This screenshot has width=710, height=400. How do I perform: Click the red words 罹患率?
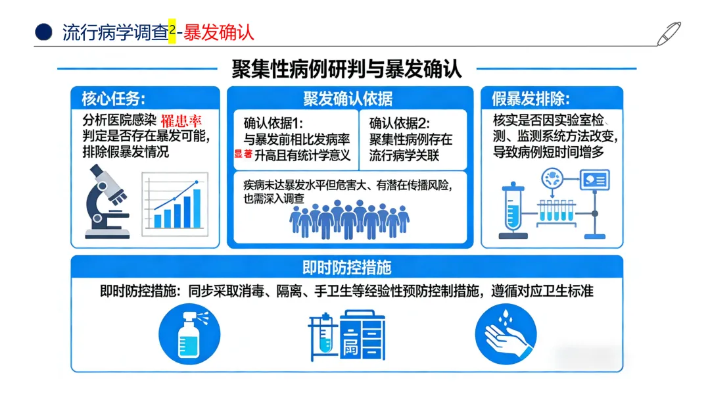point(182,122)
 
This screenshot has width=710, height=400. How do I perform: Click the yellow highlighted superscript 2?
point(172,31)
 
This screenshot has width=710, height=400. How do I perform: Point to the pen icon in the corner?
point(669,33)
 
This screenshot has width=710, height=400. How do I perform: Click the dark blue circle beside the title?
point(43,32)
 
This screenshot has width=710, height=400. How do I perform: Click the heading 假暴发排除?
point(531,99)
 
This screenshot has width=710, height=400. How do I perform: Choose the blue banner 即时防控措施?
point(347,267)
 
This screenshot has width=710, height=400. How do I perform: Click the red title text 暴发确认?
point(219,32)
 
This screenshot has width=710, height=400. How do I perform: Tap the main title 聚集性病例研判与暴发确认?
point(346,69)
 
